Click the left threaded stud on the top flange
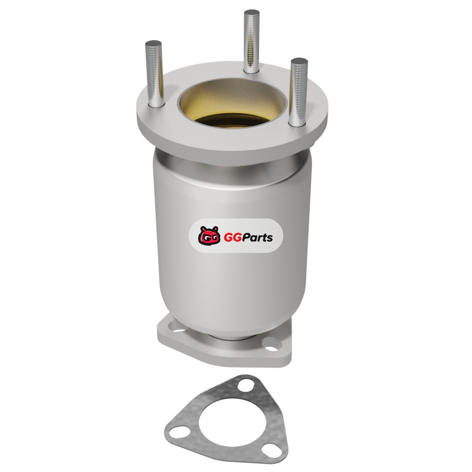(155, 74)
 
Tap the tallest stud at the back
(252, 41)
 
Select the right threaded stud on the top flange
(298, 92)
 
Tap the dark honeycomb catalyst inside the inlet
(232, 120)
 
